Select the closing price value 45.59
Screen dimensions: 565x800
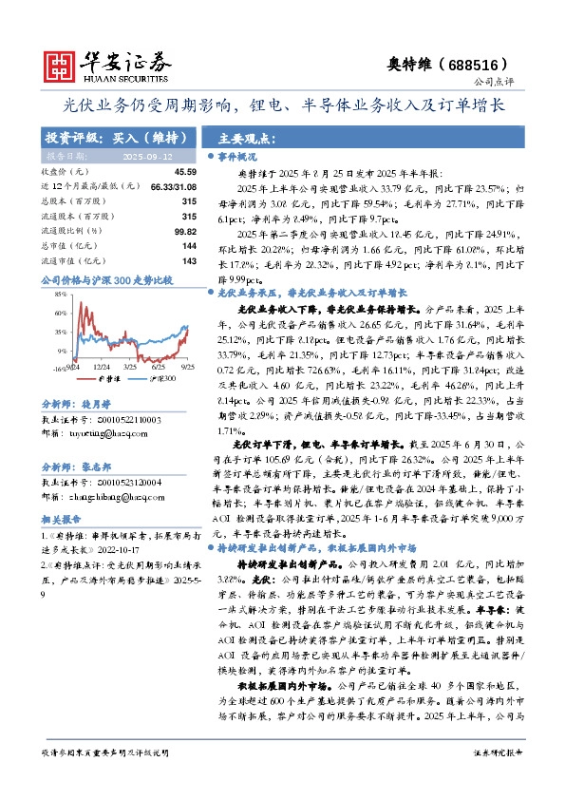[185, 171]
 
